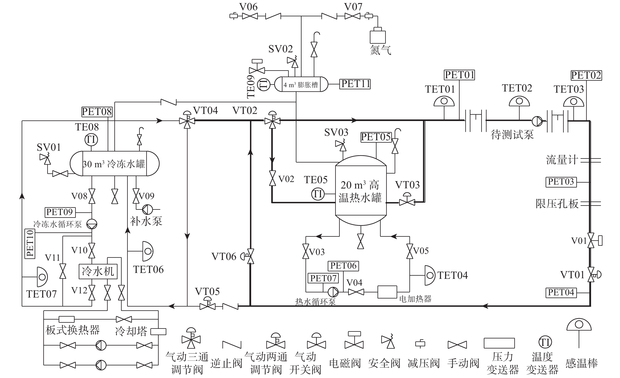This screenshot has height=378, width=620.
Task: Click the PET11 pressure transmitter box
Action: [355, 84]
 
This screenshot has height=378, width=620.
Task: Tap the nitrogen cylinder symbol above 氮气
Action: [378, 36]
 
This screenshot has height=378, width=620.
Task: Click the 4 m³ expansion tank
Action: [301, 84]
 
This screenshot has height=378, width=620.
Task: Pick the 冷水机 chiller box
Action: [98, 271]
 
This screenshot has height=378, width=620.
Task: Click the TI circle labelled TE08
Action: [91, 140]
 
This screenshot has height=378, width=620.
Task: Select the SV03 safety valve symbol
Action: [341, 146]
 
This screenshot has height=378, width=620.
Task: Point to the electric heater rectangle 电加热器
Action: [387, 292]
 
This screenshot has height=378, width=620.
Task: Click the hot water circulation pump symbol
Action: [333, 292]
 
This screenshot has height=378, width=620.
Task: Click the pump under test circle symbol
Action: [537, 121]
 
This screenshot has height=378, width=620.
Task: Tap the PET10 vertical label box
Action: [30, 244]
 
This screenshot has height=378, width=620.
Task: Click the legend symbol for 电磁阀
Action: [354, 340]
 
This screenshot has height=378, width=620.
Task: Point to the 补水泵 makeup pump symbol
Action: [147, 209]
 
